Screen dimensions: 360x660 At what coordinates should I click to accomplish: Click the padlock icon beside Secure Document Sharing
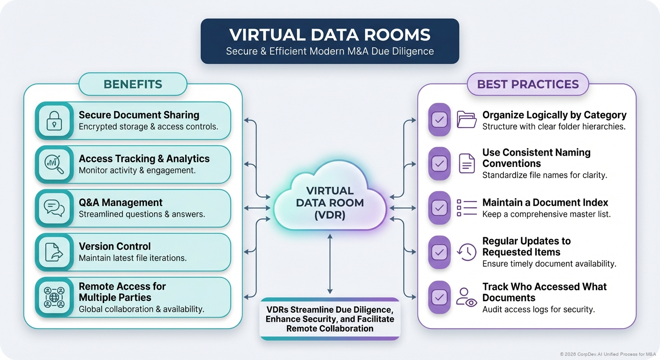tap(54, 120)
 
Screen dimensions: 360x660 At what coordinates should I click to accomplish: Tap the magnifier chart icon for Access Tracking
tap(54, 164)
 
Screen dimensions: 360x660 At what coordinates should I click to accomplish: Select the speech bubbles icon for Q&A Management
tap(54, 208)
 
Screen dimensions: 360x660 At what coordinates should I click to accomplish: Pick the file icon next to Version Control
tap(54, 252)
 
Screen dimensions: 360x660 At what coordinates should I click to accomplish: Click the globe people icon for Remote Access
tap(54, 297)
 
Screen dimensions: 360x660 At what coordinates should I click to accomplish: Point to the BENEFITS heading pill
tap(133, 84)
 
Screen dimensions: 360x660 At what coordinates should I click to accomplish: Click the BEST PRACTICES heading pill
tap(528, 84)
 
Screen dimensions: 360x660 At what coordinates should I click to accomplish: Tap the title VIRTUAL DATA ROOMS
tap(330, 35)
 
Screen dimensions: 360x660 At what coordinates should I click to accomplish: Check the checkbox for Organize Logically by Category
tap(439, 120)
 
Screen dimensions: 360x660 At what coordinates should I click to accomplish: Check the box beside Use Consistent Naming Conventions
tap(439, 164)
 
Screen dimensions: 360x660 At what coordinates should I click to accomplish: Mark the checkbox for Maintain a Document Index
tap(439, 208)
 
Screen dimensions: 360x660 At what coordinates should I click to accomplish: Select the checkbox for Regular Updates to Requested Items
tap(439, 252)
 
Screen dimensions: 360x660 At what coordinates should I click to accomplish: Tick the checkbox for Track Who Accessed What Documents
tap(439, 297)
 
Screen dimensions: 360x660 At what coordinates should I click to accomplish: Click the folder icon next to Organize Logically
tap(466, 120)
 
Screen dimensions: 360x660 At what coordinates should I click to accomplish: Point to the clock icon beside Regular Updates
tap(466, 252)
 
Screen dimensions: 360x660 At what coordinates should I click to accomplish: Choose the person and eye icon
tap(466, 297)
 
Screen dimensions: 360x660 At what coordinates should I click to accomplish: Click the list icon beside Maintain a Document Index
tap(466, 207)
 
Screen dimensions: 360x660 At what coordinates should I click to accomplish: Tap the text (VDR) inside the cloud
tap(330, 215)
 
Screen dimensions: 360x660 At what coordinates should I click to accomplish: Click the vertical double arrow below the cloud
tap(330, 265)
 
